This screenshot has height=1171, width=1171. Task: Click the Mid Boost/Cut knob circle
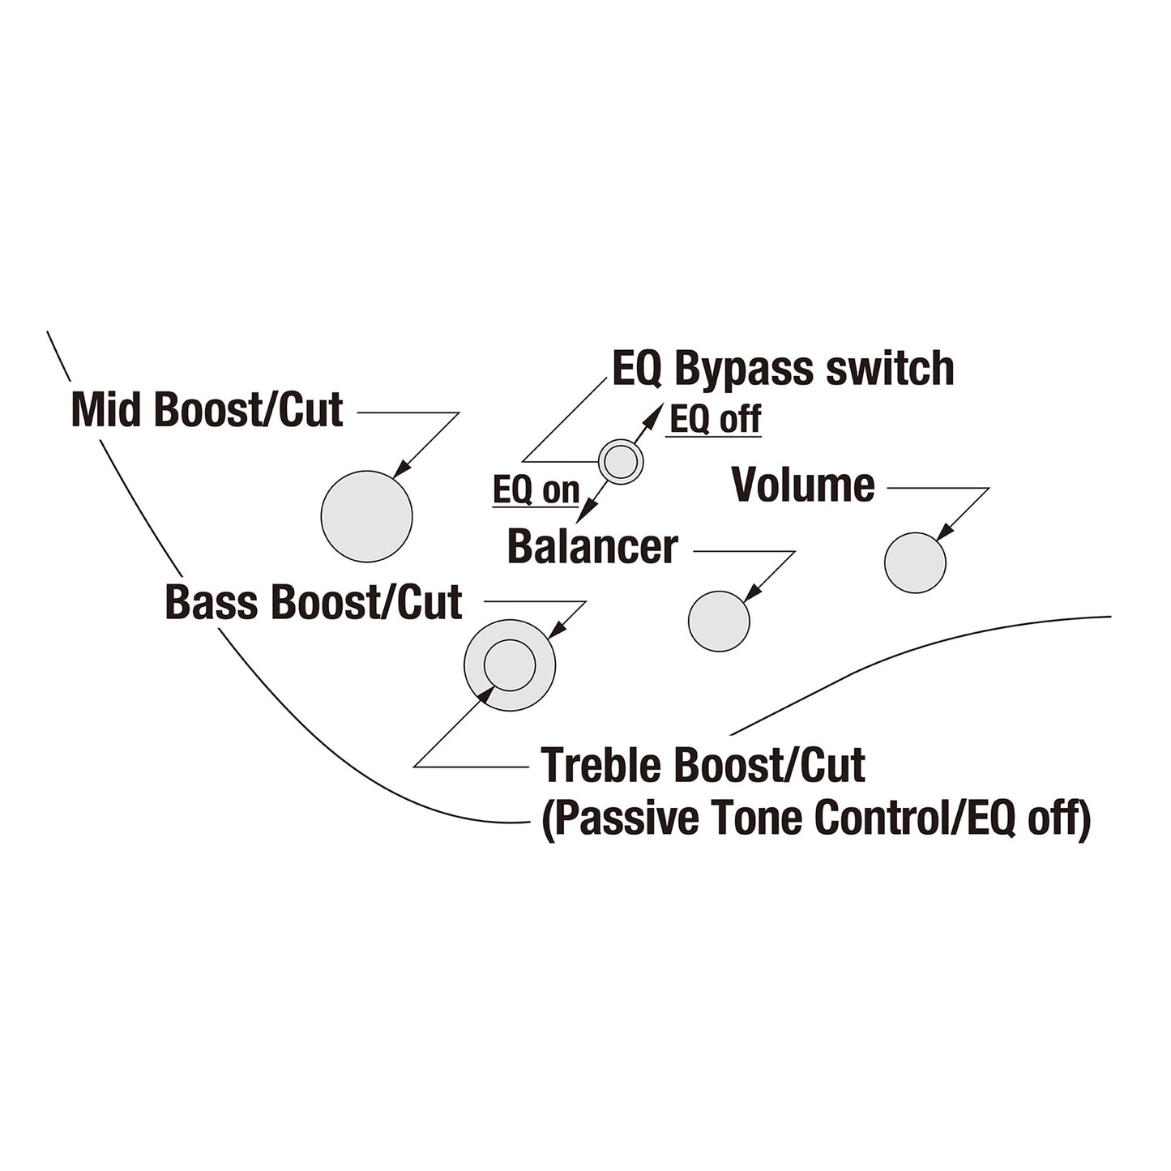(x=366, y=516)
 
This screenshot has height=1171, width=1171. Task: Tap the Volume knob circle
(x=915, y=562)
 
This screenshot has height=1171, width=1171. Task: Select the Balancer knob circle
(x=719, y=621)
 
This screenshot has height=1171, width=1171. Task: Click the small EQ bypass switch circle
(x=621, y=462)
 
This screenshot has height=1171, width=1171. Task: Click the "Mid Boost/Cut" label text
(x=207, y=410)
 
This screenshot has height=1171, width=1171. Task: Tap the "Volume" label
(x=803, y=485)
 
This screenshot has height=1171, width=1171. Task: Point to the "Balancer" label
(x=592, y=546)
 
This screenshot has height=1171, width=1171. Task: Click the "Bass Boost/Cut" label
(x=314, y=602)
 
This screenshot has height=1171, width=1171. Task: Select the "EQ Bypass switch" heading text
(x=784, y=369)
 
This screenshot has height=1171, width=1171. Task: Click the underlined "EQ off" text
(x=716, y=419)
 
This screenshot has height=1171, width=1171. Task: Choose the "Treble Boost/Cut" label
(x=703, y=765)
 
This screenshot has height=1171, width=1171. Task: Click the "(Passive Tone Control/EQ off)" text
(x=816, y=819)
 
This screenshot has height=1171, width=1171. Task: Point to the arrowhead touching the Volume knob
(x=944, y=532)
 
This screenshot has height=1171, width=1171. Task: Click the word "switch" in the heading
(x=891, y=369)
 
